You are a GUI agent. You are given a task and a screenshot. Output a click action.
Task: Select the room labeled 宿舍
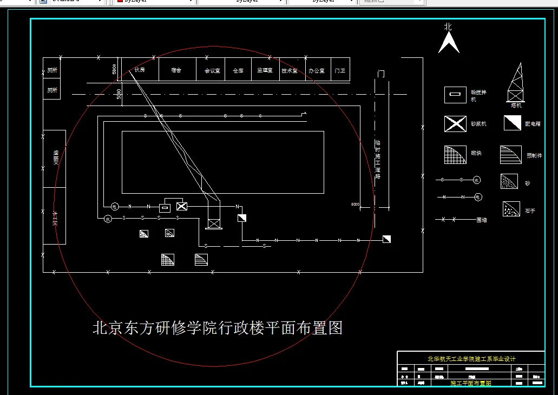coord(176,70)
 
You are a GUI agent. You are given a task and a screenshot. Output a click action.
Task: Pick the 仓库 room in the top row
coord(238,70)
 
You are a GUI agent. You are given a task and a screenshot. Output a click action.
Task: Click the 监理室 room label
coord(265,70)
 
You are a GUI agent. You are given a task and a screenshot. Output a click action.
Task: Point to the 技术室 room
coord(290,70)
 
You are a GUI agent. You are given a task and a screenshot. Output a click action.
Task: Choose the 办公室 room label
coord(316,70)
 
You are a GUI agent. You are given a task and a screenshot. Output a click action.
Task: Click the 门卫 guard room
coord(340,70)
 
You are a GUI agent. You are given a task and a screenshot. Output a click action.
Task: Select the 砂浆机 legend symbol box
coord(455,124)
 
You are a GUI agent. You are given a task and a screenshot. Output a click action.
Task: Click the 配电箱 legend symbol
coord(512,123)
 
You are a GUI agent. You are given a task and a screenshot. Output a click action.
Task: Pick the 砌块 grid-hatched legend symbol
coord(455,155)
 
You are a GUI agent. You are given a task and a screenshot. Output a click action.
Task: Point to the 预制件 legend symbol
coord(510,155)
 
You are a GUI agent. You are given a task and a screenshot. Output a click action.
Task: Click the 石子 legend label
coord(529,211)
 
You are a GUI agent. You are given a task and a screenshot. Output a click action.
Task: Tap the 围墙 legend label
coord(481,220)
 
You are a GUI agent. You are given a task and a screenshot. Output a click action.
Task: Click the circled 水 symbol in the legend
coord(477,179)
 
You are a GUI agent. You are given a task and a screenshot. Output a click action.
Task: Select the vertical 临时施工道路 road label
coord(378,160)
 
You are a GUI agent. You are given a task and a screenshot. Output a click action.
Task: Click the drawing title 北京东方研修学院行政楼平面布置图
coord(218,328)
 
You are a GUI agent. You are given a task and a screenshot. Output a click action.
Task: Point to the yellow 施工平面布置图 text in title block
coord(470,383)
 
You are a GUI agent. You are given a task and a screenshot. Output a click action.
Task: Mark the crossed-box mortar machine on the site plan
coord(182,206)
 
